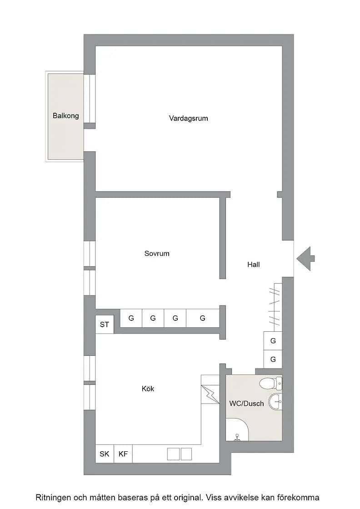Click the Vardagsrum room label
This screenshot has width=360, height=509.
(x=188, y=119)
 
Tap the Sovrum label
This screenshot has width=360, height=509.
(x=157, y=254)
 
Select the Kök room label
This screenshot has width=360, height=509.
(x=148, y=389)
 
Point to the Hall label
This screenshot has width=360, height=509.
(x=254, y=264)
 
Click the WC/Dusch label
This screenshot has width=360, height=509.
(x=246, y=404)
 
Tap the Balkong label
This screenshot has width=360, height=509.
(x=66, y=115)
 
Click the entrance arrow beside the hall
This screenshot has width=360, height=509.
(x=305, y=259)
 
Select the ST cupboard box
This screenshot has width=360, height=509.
(x=105, y=324)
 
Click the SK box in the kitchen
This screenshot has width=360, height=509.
(x=105, y=454)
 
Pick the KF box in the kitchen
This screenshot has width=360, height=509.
(x=123, y=454)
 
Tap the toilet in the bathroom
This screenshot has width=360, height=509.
(x=271, y=384)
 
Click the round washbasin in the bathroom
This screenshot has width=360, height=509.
(x=275, y=402)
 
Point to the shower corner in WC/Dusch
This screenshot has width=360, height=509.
(x=237, y=429)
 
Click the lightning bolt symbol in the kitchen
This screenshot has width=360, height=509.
(x=210, y=394)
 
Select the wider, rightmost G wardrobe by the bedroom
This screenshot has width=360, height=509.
(x=203, y=318)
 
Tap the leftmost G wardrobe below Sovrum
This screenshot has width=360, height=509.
(x=131, y=318)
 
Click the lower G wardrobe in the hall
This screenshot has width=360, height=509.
(x=273, y=359)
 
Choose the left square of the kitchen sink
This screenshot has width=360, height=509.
(x=173, y=454)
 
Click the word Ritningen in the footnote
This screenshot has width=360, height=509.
(x=53, y=498)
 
